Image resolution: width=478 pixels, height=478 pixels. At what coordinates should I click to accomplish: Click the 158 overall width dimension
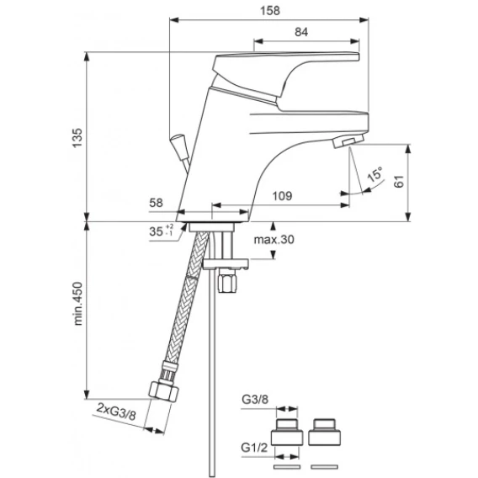coord(270,11)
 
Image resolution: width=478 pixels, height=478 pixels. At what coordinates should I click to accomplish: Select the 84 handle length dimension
coord(301,32)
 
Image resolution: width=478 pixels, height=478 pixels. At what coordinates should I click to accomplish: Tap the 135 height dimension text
coord(77,138)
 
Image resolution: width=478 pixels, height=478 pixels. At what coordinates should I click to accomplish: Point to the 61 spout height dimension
coord(399,182)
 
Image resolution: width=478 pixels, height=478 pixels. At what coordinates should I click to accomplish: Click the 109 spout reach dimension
coord(282,196)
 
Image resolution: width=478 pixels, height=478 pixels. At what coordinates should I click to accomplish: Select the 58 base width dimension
coord(156,203)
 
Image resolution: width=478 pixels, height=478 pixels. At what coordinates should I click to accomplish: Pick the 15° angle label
coord(375,174)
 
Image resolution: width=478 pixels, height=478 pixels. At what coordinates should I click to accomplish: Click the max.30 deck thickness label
coord(274,240)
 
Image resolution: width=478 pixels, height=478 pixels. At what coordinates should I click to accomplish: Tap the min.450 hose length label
coord(78,304)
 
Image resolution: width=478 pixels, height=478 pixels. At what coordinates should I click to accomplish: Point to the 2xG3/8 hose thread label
coord(116,412)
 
